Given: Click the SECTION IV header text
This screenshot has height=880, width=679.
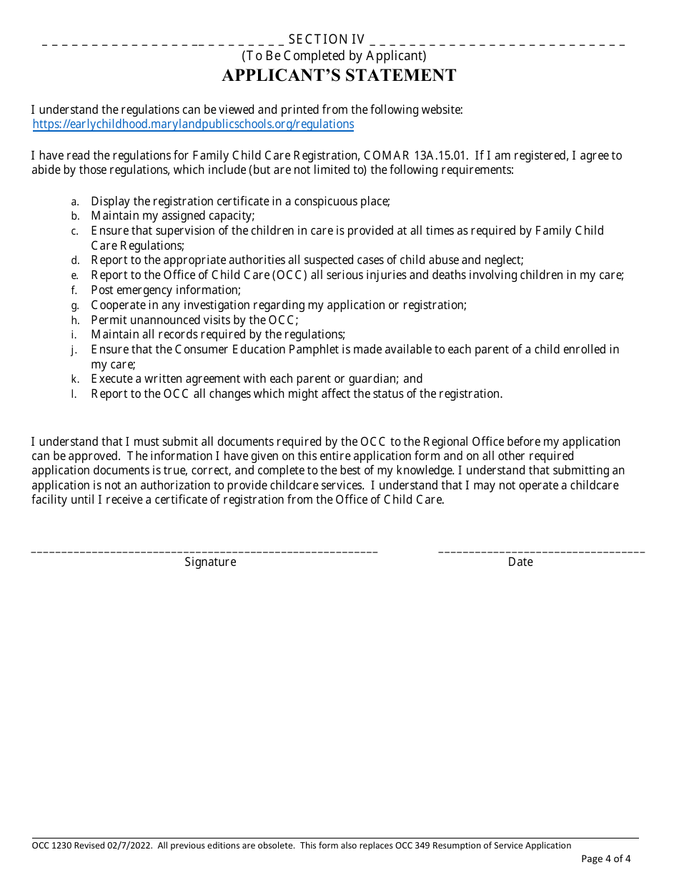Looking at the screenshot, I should coord(327,40).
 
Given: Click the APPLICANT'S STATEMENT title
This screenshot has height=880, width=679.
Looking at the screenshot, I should coord(339,76).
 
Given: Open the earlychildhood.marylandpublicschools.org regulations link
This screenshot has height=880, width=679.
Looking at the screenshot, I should coord(193,124).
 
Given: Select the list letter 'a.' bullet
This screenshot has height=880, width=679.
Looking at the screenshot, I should coord(74,202).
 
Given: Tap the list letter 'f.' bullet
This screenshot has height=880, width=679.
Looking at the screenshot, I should coord(74,290).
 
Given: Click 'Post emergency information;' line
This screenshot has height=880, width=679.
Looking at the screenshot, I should coord(166,290).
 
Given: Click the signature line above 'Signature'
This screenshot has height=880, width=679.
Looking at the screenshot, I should coord(204,551).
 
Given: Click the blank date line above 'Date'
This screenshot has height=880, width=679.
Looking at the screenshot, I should coord(541,551).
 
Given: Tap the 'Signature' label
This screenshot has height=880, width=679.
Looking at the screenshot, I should coord(210,562).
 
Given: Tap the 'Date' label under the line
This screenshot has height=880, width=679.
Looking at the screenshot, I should coord(520,562).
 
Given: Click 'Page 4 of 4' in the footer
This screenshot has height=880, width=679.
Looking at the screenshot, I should coord(606,859).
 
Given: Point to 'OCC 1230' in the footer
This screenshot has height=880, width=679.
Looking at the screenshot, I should coord(47,846).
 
